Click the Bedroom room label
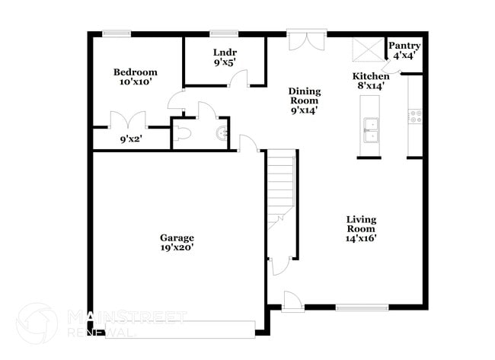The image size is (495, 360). (x=135, y=72)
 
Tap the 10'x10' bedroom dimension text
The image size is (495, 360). (x=135, y=82)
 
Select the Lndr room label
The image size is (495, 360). (x=225, y=53)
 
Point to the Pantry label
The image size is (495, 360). (x=404, y=46)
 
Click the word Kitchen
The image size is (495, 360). (x=371, y=76)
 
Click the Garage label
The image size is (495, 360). (x=177, y=237)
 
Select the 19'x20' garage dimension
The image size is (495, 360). (x=177, y=247)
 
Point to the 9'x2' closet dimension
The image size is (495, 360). (x=131, y=139)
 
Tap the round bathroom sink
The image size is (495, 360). (x=222, y=135)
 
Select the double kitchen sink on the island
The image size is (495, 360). (x=371, y=131)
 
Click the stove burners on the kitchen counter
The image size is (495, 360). (x=416, y=116)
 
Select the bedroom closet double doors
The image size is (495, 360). (x=127, y=120)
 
